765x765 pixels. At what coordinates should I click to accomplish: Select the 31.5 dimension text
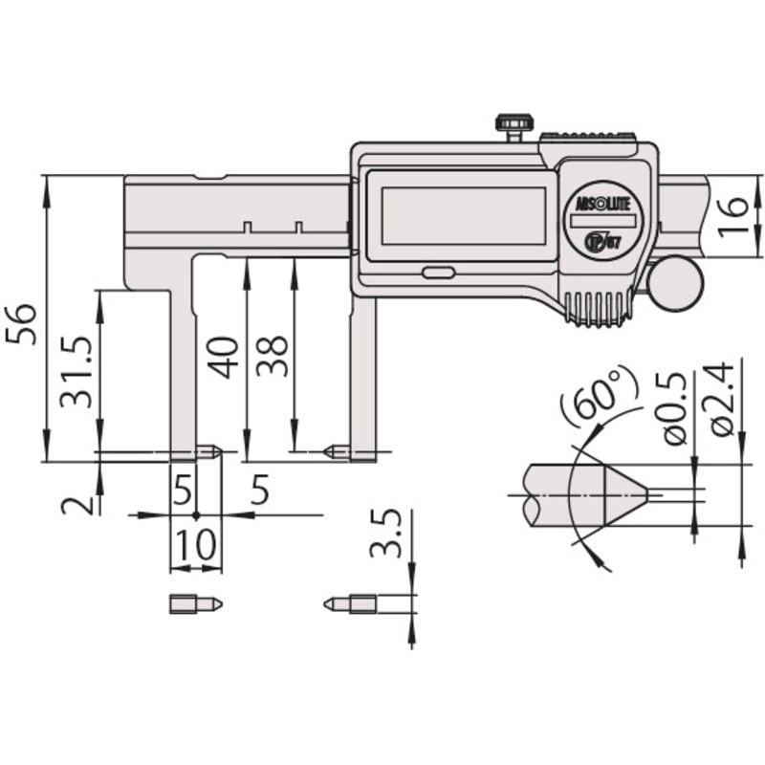[x=76, y=371]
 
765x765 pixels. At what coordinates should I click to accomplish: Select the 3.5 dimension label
[x=385, y=534]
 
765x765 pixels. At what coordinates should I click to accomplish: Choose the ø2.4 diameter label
[x=724, y=400]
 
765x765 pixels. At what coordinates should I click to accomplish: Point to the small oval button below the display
[x=437, y=272]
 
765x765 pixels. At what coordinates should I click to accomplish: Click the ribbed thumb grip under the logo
[x=597, y=307]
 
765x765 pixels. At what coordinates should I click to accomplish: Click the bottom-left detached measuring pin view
[x=195, y=604]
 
